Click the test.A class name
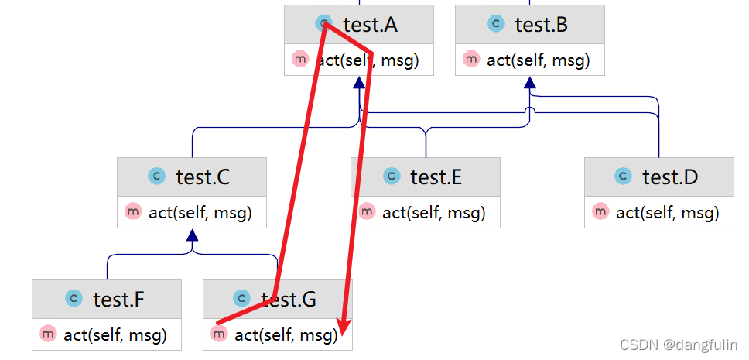(x=370, y=25)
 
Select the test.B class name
(x=541, y=25)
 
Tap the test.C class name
(x=202, y=177)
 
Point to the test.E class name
(x=436, y=177)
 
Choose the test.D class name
(x=670, y=177)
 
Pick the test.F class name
(x=118, y=299)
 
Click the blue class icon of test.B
(x=496, y=24)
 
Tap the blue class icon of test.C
(x=157, y=177)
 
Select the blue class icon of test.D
(x=624, y=177)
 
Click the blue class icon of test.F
(x=74, y=298)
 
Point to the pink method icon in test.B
(x=471, y=59)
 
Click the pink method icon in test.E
(x=367, y=211)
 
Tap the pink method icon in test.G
(x=219, y=334)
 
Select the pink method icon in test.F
(x=49, y=334)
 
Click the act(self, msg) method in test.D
(x=667, y=212)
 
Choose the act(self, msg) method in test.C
(x=200, y=212)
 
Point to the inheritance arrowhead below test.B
(x=530, y=82)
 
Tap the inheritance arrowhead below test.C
(x=192, y=235)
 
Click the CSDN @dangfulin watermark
(x=679, y=345)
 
